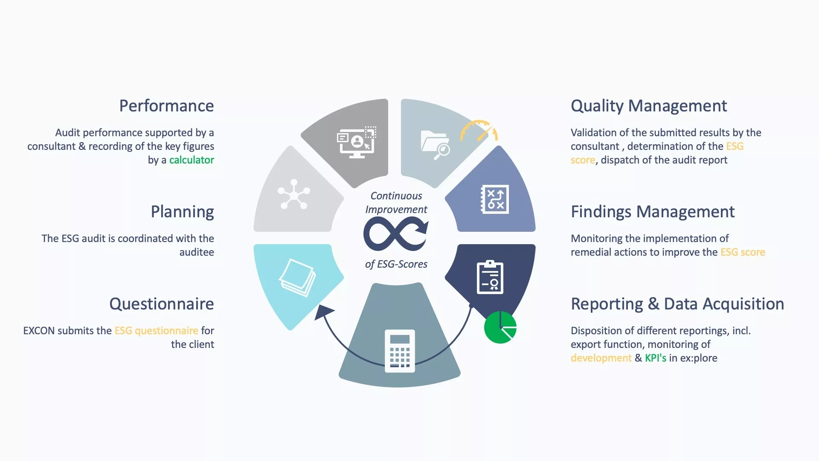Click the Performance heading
coord(166,106)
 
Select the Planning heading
coord(182,212)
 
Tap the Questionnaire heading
coord(162,304)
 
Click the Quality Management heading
coord(649,106)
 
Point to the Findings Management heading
coord(653,212)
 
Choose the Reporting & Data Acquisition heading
coord(677,304)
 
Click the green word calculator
coord(192,160)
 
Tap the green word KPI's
coord(656,358)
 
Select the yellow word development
coord(601,358)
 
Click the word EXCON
coord(39,331)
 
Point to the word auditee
coord(197,252)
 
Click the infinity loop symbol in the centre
coord(396,233)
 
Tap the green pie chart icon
coord(500,327)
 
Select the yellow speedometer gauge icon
coord(479,130)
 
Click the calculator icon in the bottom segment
coord(400,351)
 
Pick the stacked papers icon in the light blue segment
coord(297,277)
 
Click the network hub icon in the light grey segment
coord(294,195)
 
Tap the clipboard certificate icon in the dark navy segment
coord(490,277)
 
